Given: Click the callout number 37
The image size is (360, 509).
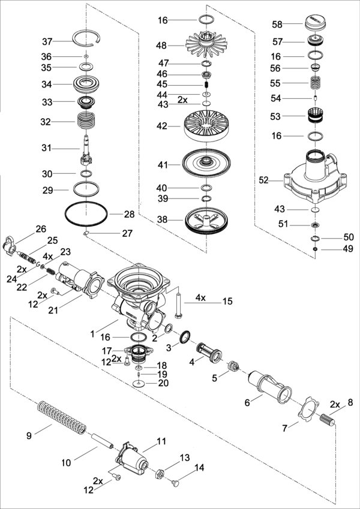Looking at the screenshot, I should [47, 41].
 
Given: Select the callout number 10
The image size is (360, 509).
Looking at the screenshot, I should [67, 462].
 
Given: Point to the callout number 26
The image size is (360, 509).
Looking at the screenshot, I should [40, 228].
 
